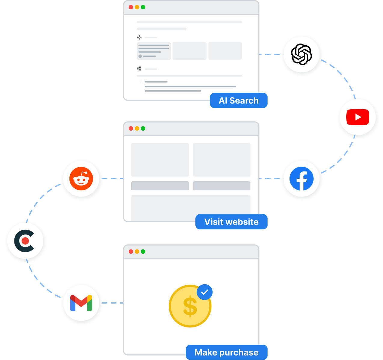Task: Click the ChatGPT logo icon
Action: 302,54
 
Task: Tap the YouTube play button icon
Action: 358,117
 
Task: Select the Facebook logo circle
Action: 302,179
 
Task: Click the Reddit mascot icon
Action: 81,179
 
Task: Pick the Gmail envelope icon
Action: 81,303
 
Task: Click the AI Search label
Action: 238,101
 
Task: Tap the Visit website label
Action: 231,222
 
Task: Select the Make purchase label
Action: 226,352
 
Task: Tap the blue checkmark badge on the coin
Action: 205,292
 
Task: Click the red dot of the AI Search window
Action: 131,7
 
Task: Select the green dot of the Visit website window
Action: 143,129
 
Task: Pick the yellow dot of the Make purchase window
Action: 137,252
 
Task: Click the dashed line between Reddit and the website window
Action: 113,179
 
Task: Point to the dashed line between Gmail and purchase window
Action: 113,303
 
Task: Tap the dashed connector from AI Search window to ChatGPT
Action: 270,54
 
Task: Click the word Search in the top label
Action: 244,101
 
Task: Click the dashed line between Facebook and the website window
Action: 270,179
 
